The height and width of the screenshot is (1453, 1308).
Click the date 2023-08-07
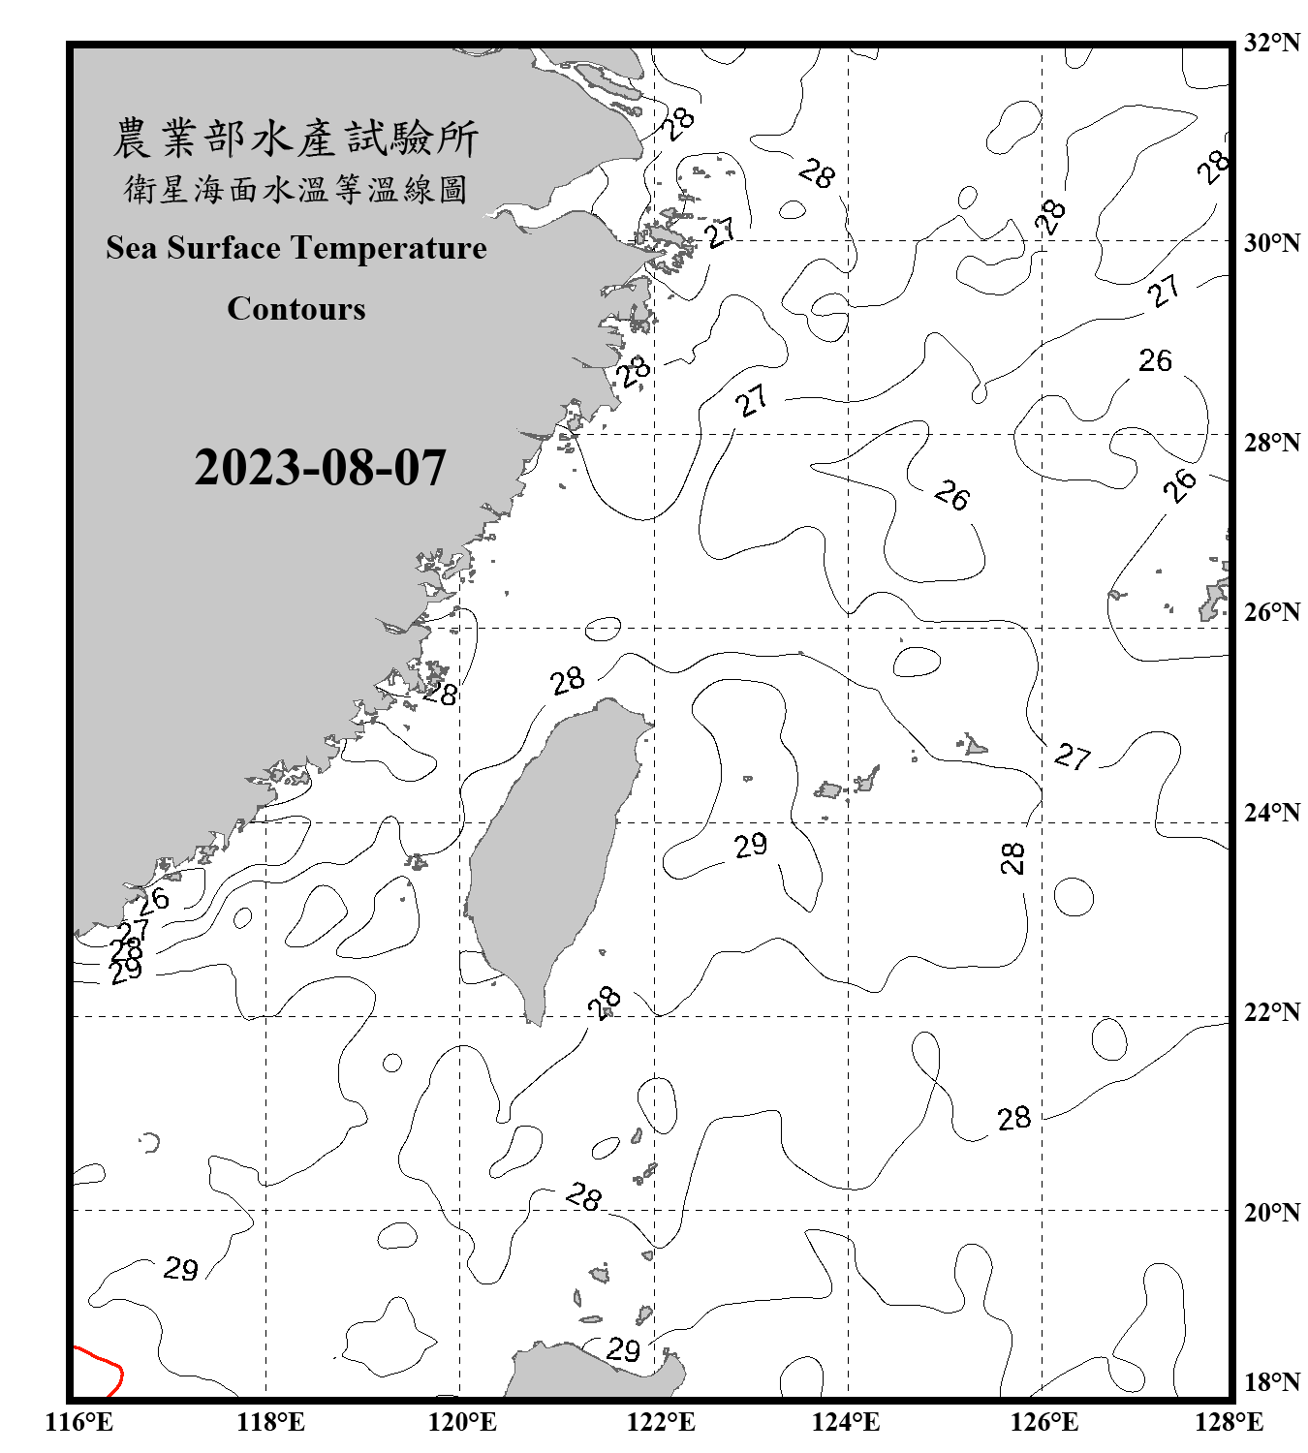tap(320, 467)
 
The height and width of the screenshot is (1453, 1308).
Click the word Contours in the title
tap(296, 308)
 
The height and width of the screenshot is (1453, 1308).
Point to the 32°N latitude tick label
tap(1271, 43)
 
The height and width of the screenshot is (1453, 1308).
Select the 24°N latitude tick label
tap(1271, 812)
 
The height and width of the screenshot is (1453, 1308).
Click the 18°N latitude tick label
tap(1271, 1382)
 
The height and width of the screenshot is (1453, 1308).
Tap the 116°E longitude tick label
tap(79, 1422)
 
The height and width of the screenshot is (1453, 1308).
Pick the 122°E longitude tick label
tap(661, 1422)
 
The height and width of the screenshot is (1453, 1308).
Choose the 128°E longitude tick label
tap(1229, 1422)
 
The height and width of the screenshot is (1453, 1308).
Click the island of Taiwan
tap(547, 843)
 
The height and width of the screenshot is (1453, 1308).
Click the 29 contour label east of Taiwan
tap(751, 846)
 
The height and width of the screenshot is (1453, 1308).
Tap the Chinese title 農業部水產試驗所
tap(296, 138)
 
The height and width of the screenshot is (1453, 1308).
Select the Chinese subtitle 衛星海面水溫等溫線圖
tap(296, 189)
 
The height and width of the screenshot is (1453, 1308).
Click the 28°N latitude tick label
tap(1271, 442)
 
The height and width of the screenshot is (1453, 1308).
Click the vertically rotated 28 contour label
tap(1012, 857)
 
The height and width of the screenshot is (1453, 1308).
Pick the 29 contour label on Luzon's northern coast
tap(623, 1348)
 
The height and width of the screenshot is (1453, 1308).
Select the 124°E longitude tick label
tap(846, 1422)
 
